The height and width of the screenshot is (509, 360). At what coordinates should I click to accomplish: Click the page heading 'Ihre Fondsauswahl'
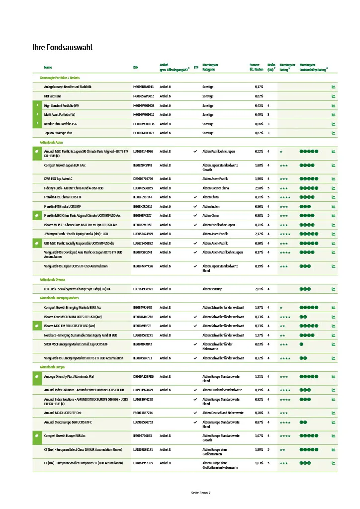(x=62, y=48)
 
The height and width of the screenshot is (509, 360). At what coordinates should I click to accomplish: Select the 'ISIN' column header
(x=136, y=67)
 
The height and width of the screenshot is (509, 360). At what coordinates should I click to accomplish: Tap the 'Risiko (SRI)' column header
(x=271, y=67)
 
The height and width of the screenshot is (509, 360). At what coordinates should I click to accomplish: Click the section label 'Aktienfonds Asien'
(x=52, y=142)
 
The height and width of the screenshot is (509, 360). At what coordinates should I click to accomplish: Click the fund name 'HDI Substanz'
(x=53, y=96)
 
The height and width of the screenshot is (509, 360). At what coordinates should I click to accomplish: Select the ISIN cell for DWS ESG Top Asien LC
(x=143, y=178)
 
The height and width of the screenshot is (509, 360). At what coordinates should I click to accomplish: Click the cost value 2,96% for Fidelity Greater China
(x=259, y=188)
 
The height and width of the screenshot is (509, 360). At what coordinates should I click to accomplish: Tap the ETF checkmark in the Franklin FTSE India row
(x=195, y=206)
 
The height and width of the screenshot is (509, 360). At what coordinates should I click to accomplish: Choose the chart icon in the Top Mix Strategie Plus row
(x=333, y=133)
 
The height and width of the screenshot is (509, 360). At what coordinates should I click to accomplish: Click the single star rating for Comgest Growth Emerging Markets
(x=281, y=307)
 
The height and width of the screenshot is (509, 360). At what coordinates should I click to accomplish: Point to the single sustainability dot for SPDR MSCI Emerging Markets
(x=301, y=344)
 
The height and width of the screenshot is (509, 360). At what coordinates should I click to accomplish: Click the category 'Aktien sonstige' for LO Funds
(x=212, y=289)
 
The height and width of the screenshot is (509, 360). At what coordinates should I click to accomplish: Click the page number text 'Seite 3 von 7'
(x=201, y=493)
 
